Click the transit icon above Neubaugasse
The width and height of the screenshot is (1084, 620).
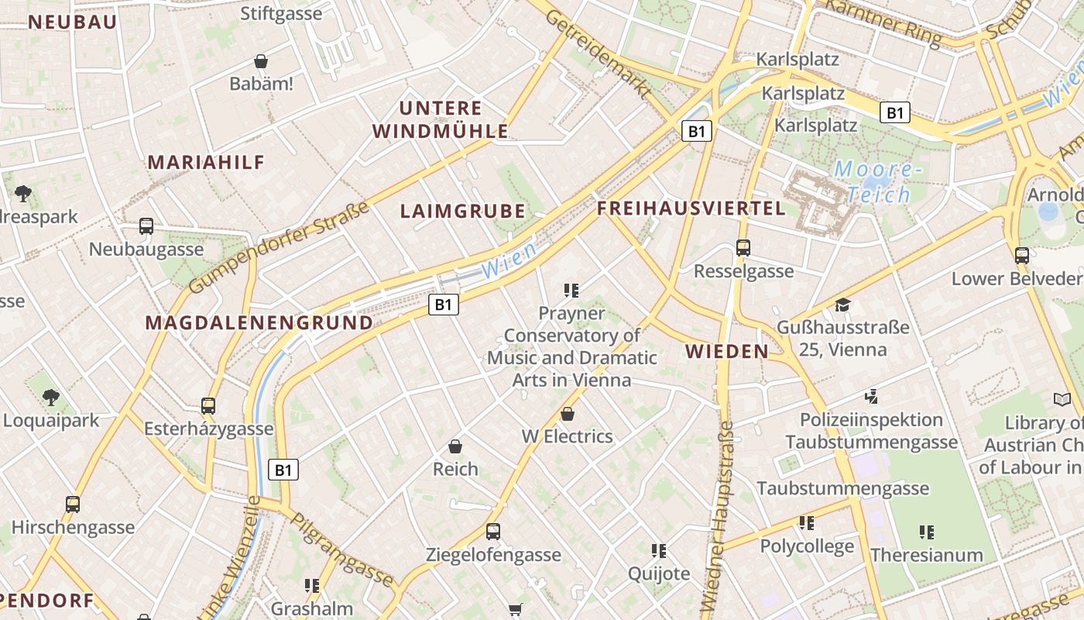[x=146, y=226]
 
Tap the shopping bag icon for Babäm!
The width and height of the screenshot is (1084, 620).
[x=262, y=61]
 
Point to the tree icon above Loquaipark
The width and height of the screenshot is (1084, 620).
[x=51, y=398]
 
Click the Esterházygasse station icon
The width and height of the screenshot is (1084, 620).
[x=208, y=405]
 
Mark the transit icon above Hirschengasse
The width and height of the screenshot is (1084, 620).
[x=73, y=505]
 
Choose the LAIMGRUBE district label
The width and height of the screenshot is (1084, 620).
[x=462, y=211]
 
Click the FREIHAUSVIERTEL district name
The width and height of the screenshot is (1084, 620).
[x=691, y=208]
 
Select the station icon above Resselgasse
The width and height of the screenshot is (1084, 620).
[x=743, y=248]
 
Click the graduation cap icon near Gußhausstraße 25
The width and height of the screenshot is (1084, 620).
[x=842, y=305]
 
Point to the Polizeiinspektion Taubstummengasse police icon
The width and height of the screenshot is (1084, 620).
[x=871, y=397]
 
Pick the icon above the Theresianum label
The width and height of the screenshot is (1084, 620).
[x=926, y=532]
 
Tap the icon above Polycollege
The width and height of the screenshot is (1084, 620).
[x=807, y=523]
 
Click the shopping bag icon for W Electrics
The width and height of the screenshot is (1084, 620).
[x=568, y=414]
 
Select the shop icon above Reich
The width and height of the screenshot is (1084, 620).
[x=455, y=446]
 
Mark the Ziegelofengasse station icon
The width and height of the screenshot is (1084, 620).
[x=493, y=532]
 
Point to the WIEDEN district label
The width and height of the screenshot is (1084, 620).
[x=727, y=352]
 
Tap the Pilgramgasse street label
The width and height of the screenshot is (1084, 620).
[x=342, y=549]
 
